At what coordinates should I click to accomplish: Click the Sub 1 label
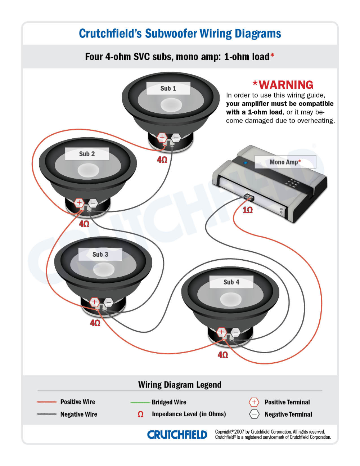(x=168, y=88)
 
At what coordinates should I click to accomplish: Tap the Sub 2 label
(x=87, y=154)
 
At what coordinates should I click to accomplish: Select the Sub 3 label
(x=100, y=254)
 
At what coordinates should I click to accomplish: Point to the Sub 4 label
(x=231, y=282)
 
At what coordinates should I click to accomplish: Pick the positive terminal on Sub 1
(x=162, y=137)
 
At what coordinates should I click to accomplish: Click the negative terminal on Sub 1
(x=176, y=138)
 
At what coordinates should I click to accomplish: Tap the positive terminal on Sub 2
(x=79, y=203)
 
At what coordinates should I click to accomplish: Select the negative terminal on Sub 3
(x=108, y=302)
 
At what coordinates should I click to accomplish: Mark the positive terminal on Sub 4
(x=221, y=332)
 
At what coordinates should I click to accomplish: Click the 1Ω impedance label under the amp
(x=248, y=210)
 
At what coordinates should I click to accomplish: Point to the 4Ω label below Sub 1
(x=162, y=160)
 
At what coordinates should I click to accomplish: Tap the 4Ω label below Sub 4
(x=223, y=355)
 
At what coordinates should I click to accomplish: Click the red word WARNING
(x=286, y=85)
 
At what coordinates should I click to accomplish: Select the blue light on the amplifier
(x=246, y=162)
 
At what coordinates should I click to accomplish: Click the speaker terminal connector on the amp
(x=248, y=197)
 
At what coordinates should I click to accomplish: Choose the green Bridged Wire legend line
(x=140, y=402)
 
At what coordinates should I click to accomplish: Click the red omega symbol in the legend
(x=140, y=414)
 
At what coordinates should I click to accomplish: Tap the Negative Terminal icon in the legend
(x=254, y=414)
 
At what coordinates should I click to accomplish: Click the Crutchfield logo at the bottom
(x=177, y=435)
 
